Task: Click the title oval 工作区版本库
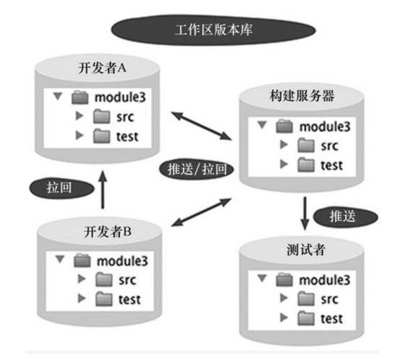tap(214, 30)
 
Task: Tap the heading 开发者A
tap(102, 68)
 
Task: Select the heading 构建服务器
tap(302, 96)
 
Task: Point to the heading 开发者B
tap(108, 232)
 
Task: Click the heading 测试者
tap(306, 250)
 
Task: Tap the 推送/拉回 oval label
tap(196, 170)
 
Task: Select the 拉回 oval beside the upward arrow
tap(62, 188)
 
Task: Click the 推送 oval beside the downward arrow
tap(346, 216)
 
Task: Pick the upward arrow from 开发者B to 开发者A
tap(103, 190)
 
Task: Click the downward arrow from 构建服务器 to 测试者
tap(305, 214)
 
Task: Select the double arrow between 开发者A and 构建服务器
tap(201, 126)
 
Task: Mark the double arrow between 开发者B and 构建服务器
tap(201, 212)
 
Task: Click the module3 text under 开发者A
tap(120, 97)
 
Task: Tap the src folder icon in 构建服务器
tap(306, 145)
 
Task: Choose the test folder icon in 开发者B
tap(104, 299)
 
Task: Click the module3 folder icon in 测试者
tap(284, 280)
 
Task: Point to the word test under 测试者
tap(331, 319)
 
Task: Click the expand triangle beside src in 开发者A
tap(79, 115)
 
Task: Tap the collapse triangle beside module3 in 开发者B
tap(60, 259)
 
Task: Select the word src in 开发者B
tap(127, 280)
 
